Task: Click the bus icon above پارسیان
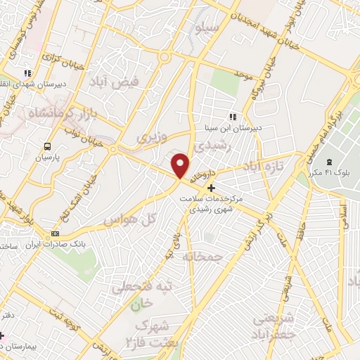pos(47,147)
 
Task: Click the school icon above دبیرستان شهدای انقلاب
pos(27,72)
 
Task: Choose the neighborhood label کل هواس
pos(129,220)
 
